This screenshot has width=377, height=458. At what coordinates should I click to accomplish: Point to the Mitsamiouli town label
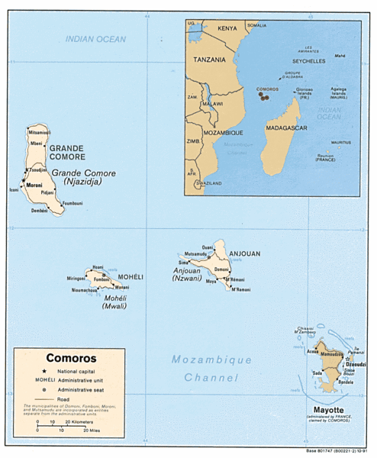pyautogui.click(x=39, y=131)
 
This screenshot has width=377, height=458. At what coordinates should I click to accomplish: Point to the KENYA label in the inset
pyautogui.click(x=227, y=28)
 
